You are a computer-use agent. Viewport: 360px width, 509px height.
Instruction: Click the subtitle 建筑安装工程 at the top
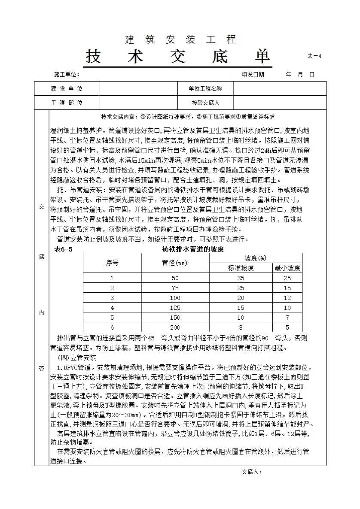(180, 40)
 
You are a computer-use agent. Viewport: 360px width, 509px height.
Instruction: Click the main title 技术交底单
(178, 56)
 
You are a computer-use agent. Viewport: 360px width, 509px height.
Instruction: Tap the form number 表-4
(314, 56)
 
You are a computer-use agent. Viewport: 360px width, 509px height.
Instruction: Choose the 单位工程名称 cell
(205, 89)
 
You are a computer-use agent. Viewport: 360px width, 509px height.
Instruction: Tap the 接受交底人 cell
(205, 103)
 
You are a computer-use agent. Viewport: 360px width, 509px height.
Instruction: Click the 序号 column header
(112, 263)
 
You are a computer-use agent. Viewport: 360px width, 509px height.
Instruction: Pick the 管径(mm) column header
(175, 263)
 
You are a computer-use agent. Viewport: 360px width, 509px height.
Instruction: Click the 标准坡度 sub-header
(241, 268)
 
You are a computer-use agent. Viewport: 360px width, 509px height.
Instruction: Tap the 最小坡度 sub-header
(287, 268)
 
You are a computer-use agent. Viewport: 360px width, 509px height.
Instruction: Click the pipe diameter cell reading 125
(175, 307)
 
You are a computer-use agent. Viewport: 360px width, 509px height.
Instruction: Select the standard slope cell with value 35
(241, 278)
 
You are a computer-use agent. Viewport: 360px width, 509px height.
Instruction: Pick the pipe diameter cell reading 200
(175, 327)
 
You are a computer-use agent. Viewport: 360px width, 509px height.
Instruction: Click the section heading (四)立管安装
(77, 358)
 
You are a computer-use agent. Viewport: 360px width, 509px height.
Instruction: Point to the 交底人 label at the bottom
(251, 472)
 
